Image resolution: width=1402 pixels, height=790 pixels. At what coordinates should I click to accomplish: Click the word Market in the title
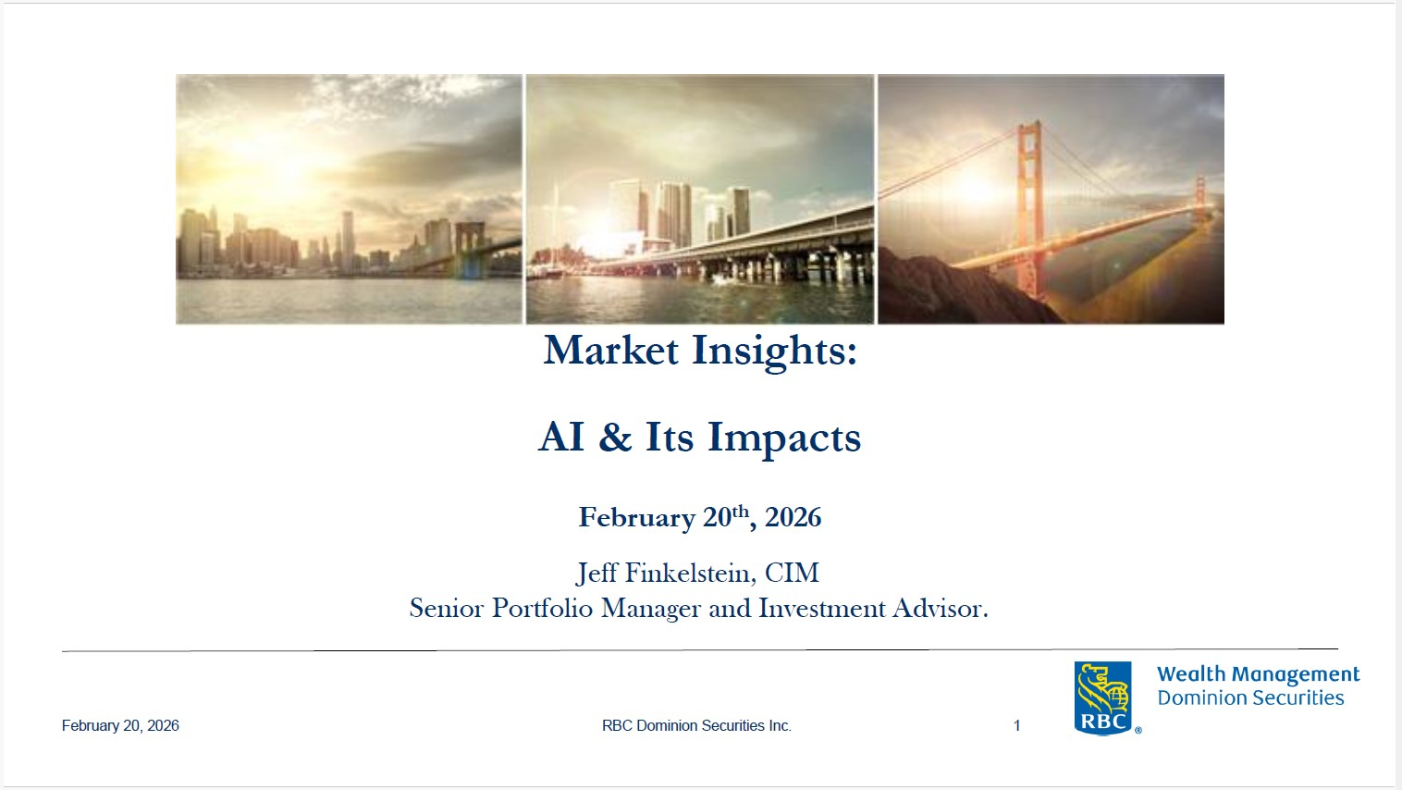point(611,350)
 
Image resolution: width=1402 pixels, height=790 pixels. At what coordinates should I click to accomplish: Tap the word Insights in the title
point(774,352)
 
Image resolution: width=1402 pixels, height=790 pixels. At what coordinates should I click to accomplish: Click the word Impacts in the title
point(784,438)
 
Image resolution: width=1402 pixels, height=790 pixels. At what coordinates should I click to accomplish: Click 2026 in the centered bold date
point(793,518)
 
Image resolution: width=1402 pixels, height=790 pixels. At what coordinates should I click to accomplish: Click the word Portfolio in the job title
point(542,608)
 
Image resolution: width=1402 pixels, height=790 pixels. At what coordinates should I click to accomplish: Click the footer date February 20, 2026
point(120,725)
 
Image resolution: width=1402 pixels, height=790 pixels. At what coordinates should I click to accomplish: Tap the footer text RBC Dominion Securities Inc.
point(696,725)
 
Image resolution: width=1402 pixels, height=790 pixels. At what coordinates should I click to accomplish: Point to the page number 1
point(1017,725)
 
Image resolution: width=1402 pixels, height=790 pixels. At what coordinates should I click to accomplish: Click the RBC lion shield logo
point(1102,698)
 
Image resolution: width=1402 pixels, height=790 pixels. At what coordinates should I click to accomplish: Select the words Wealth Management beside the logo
point(1258,674)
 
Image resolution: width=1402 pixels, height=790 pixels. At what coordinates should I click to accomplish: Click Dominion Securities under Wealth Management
point(1250,697)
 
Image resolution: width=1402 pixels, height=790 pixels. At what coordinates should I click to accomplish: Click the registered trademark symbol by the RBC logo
point(1138,730)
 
